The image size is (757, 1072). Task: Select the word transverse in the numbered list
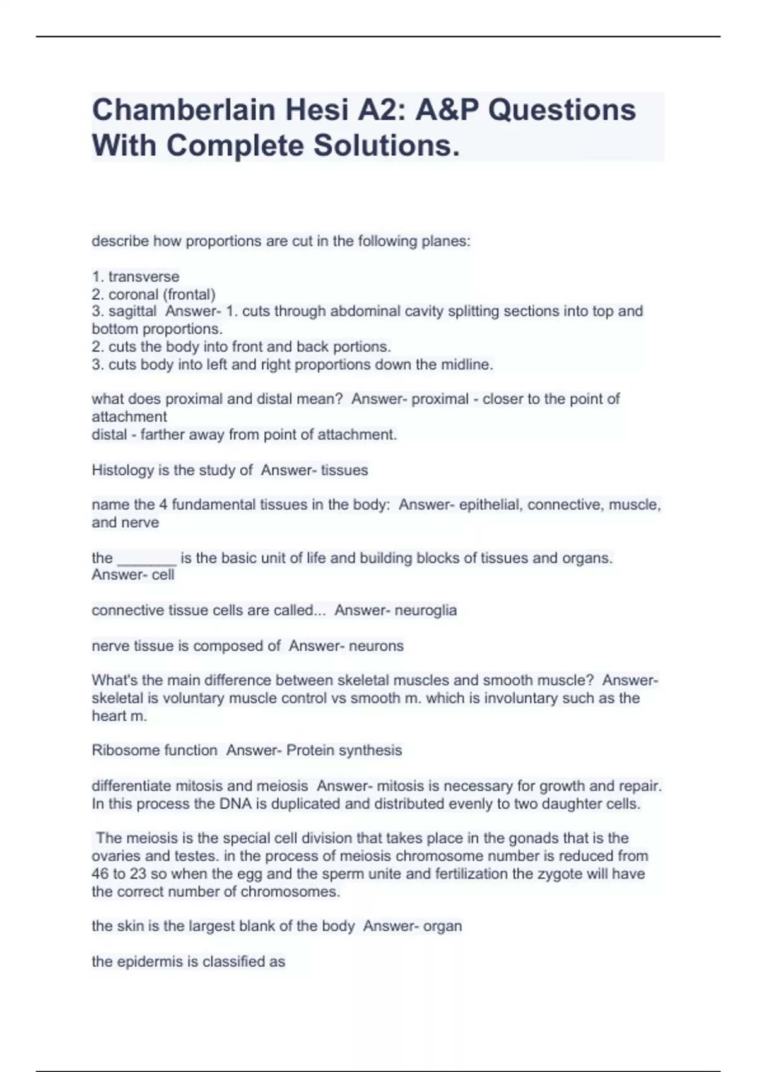coord(144,276)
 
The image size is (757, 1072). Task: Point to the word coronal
coord(134,294)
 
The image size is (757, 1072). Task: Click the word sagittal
coord(132,311)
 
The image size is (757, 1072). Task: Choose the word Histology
coord(122,470)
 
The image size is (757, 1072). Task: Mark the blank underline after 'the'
coord(147,558)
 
